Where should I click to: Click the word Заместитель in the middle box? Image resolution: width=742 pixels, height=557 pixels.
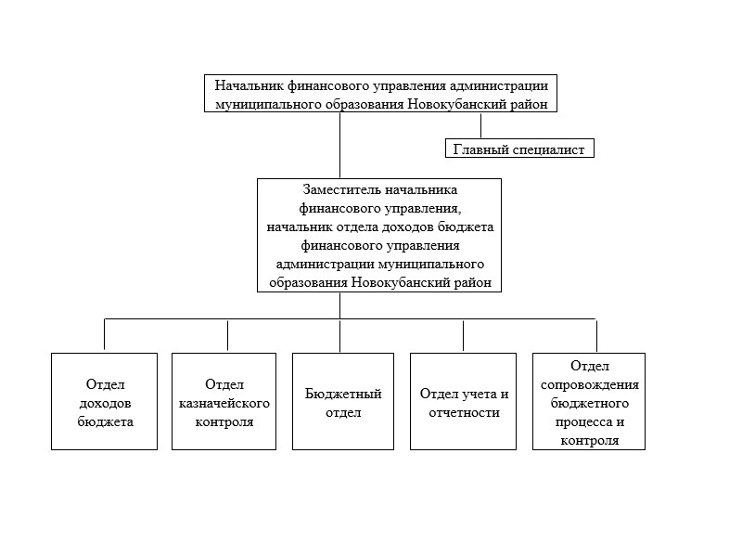pyautogui.click(x=341, y=190)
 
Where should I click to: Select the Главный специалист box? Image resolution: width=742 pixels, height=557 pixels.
pyautogui.click(x=519, y=149)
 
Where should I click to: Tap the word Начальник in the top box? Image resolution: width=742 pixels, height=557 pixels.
pyautogui.click(x=249, y=85)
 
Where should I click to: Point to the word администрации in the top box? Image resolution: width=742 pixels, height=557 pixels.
pyautogui.click(x=499, y=85)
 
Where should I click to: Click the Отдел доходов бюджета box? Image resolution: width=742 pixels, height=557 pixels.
pyautogui.click(x=104, y=401)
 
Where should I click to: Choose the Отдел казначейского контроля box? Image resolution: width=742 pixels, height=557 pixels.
pyautogui.click(x=224, y=401)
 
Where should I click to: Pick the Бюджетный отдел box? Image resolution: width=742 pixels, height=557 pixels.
pyautogui.click(x=343, y=401)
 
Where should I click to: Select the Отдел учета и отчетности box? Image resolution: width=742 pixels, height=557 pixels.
pyautogui.click(x=463, y=401)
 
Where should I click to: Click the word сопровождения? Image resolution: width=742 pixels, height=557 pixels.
pyautogui.click(x=590, y=384)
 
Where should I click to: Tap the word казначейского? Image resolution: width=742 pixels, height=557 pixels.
pyautogui.click(x=224, y=404)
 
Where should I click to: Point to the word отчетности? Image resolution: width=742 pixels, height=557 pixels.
pyautogui.click(x=465, y=412)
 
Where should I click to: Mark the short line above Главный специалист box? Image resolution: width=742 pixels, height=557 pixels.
pyautogui.click(x=480, y=125)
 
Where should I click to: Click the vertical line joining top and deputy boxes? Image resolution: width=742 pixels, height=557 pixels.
pyautogui.click(x=339, y=146)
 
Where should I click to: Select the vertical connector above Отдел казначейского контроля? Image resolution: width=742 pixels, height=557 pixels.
pyautogui.click(x=227, y=336)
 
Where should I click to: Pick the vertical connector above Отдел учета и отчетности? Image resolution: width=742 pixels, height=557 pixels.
pyautogui.click(x=463, y=336)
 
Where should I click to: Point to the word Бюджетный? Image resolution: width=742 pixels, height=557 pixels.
pyautogui.click(x=343, y=394)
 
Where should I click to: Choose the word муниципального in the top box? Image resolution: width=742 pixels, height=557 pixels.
pyautogui.click(x=268, y=104)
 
